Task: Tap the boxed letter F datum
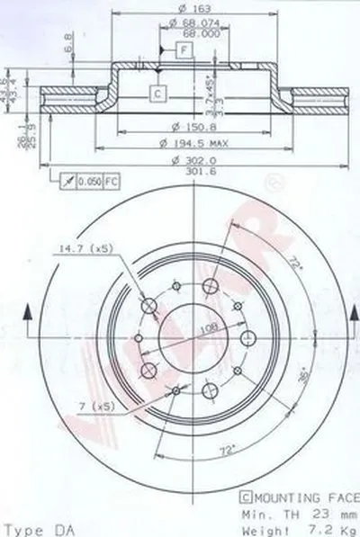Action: [183, 49]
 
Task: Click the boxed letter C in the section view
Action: [157, 92]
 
